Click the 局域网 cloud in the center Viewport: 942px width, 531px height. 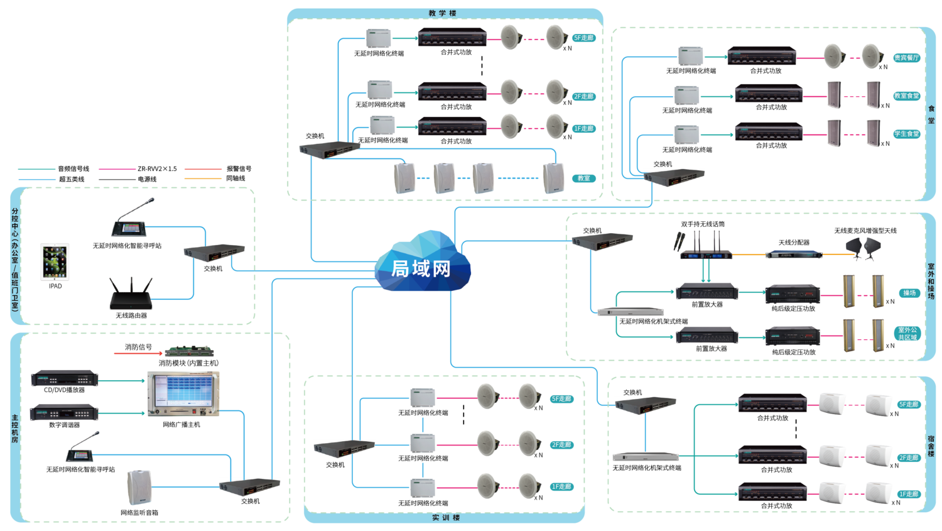pos(422,265)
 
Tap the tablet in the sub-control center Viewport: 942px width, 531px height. pos(55,261)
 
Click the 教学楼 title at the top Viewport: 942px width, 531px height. pos(443,13)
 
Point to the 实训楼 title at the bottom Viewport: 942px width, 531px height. pos(446,518)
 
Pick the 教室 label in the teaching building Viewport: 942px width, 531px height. pos(584,178)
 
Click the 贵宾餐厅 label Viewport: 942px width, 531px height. pos(906,58)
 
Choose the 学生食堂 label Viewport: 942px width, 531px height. pos(906,134)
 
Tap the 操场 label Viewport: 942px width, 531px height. pos(909,293)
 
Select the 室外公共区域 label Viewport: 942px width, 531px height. pos(907,333)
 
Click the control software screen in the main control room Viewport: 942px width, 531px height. pos(183,393)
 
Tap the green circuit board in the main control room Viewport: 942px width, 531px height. pos(188,352)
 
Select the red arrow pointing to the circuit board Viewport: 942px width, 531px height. pos(138,353)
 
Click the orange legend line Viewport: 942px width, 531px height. pos(203,179)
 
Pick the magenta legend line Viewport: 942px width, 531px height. pos(117,169)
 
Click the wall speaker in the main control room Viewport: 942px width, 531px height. pos(139,487)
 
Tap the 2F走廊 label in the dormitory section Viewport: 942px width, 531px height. pos(909,458)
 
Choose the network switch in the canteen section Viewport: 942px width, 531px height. pos(674,177)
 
